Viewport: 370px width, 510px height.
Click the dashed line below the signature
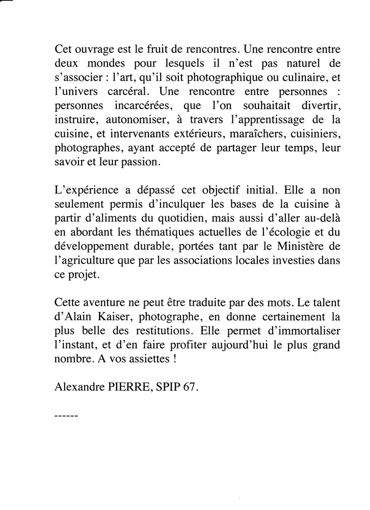(x=65, y=416)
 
